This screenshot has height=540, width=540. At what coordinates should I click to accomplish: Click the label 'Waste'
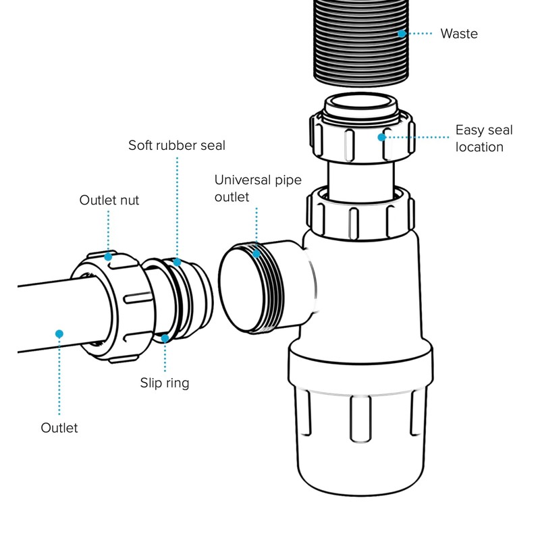(458, 33)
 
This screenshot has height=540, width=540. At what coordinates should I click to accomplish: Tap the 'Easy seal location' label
(483, 138)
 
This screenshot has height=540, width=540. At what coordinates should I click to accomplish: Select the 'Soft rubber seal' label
(177, 145)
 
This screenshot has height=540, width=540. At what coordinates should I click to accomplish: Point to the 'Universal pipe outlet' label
(258, 188)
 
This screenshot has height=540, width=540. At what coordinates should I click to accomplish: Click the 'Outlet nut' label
(109, 200)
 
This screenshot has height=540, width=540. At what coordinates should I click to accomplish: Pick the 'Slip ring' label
(165, 383)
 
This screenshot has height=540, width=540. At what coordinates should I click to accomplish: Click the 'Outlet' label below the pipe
(59, 427)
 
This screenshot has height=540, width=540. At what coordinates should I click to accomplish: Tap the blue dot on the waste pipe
(402, 32)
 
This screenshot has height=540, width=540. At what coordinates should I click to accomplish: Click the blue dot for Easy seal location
(382, 137)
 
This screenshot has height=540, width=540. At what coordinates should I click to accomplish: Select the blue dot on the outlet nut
(109, 256)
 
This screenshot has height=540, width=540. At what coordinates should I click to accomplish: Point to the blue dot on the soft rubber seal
(176, 262)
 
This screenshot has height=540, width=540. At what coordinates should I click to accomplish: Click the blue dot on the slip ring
(165, 337)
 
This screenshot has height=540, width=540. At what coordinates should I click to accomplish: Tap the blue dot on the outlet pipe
(59, 333)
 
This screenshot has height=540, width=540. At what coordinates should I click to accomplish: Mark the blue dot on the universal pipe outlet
(256, 254)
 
